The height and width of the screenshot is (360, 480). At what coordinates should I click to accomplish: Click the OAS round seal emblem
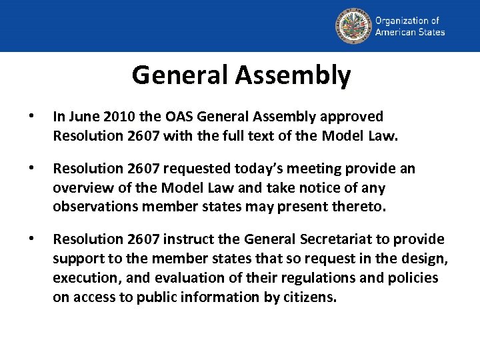[x=352, y=26]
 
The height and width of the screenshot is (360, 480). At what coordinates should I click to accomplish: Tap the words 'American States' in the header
[x=409, y=32]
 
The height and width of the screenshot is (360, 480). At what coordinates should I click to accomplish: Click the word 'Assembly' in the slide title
[x=293, y=75]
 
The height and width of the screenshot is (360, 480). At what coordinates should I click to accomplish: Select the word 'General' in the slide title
[x=180, y=75]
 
